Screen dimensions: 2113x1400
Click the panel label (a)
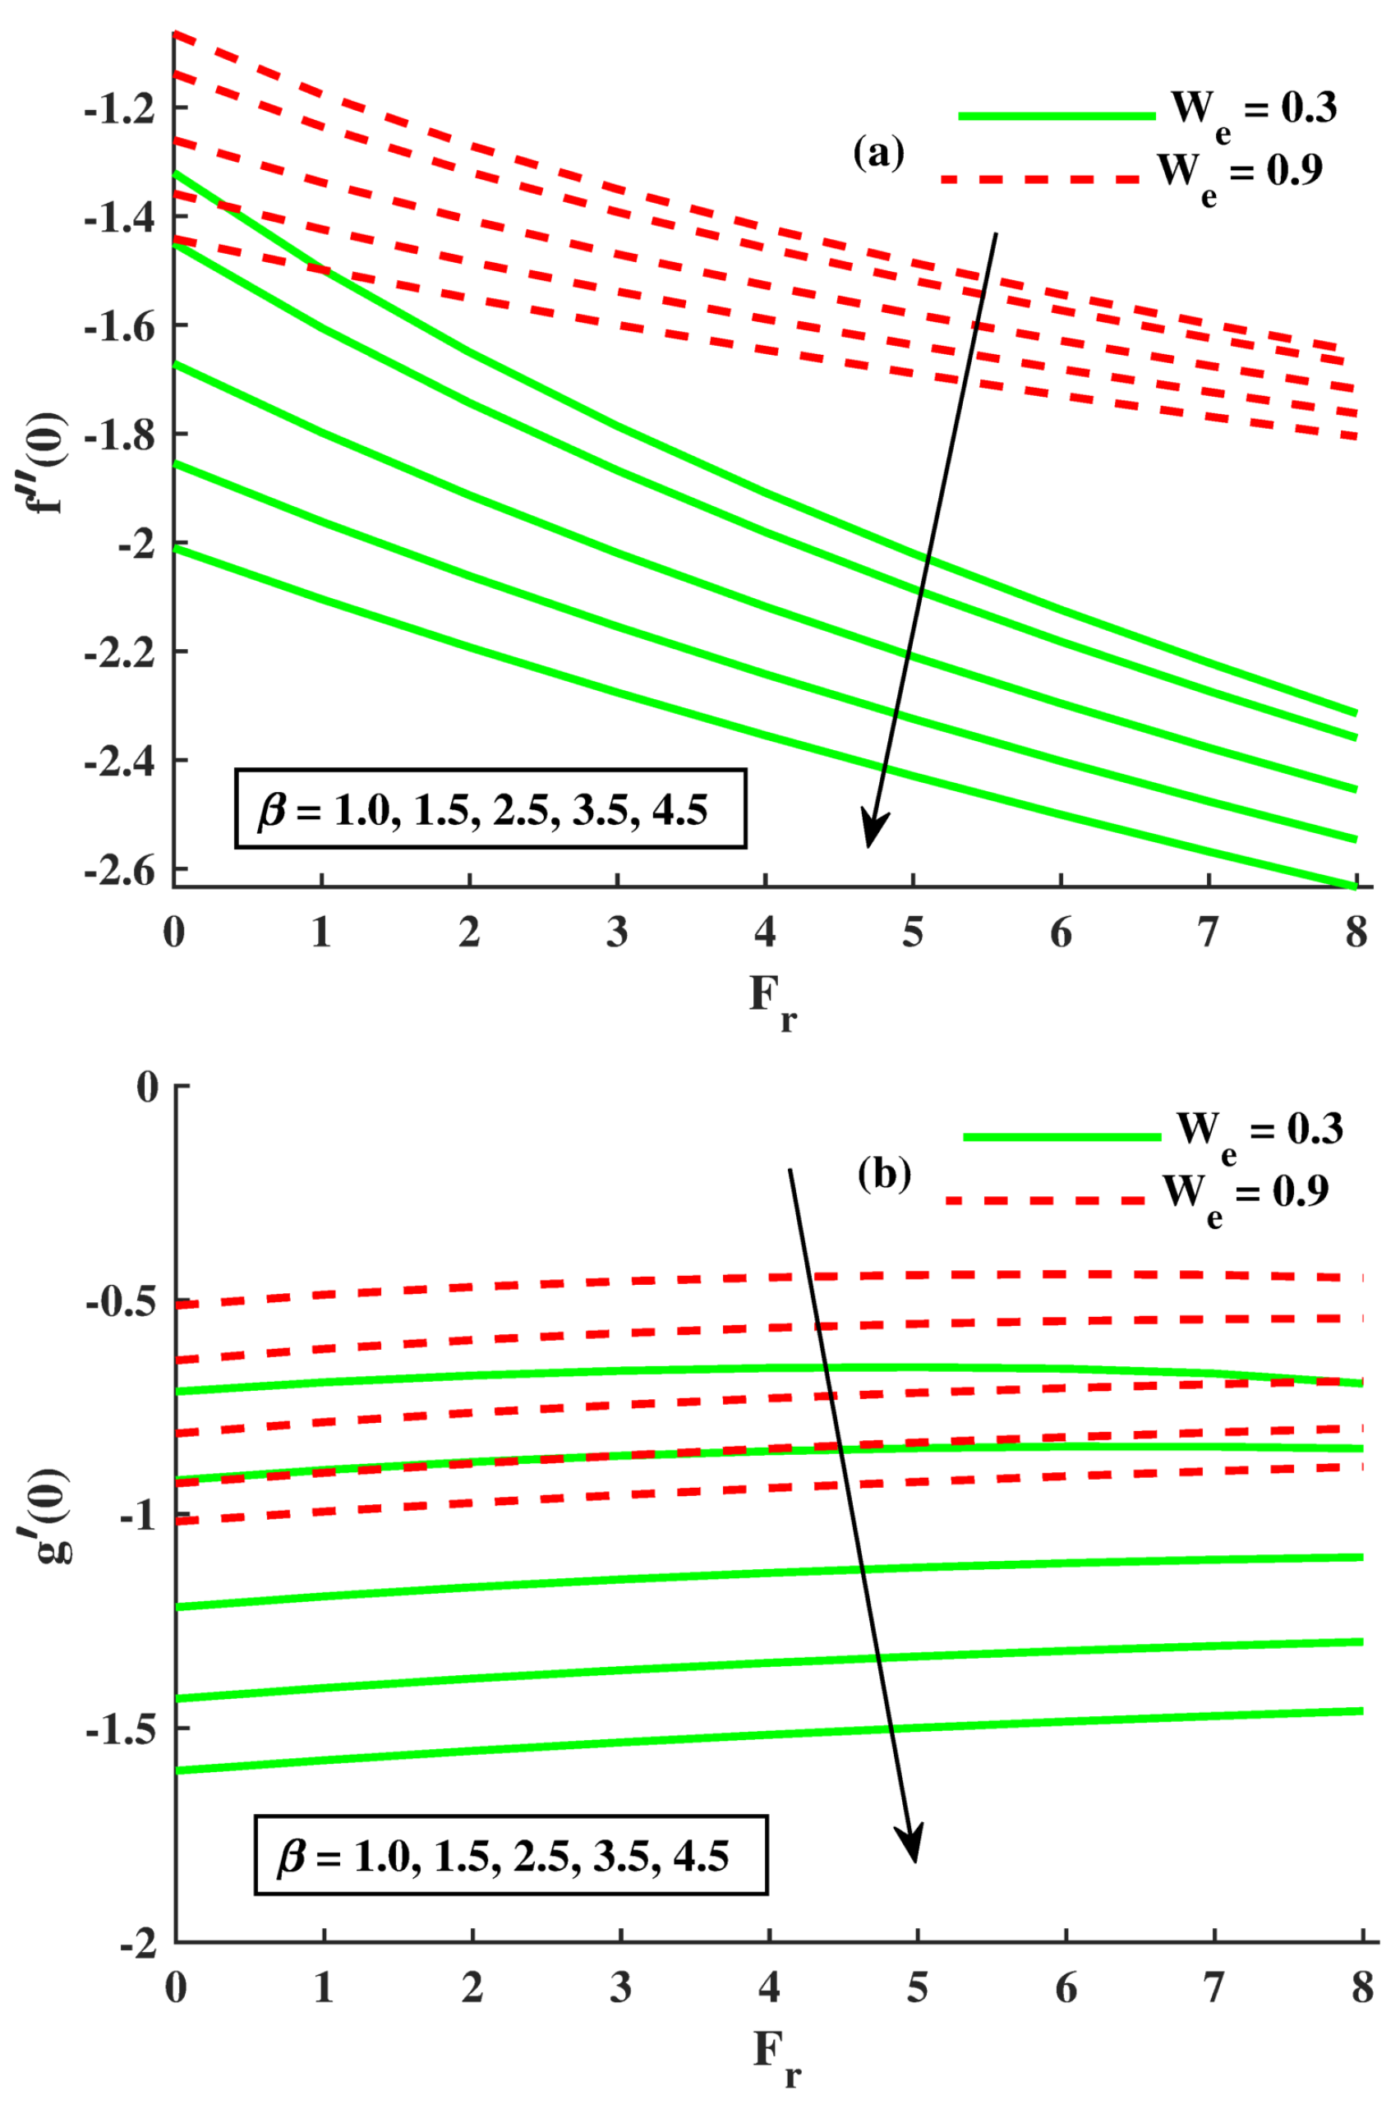coord(878,154)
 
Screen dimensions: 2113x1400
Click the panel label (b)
coord(884,1175)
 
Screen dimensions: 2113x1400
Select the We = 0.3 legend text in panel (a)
coord(1254,111)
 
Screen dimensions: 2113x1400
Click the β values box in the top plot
coord(490,808)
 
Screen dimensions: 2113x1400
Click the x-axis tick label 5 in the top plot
coord(913,934)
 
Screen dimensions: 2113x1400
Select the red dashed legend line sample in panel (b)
coord(1044,1200)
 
